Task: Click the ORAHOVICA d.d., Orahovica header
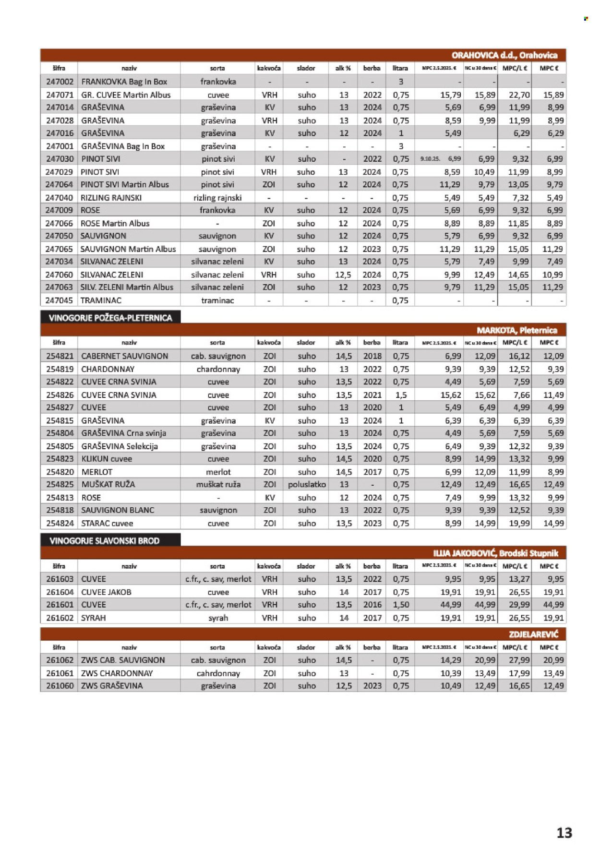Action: tap(504, 55)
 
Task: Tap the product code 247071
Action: tap(60, 95)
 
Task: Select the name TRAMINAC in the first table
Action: tap(101, 300)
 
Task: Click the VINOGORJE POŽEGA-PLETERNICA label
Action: tap(110, 318)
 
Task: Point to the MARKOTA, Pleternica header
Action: tap(516, 330)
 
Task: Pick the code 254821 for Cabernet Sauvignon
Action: tap(60, 356)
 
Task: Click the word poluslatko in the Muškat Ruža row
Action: tap(307, 485)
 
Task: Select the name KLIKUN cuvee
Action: tap(107, 459)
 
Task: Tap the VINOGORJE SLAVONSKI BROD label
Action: tap(105, 541)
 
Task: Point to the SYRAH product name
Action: tap(93, 618)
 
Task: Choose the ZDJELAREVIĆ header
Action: tap(533, 634)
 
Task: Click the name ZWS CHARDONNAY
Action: tap(117, 673)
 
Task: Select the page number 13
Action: tap(564, 832)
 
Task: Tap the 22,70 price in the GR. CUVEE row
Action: tap(519, 95)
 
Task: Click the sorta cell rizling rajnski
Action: tap(217, 198)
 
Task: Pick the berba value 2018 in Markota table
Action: tap(372, 356)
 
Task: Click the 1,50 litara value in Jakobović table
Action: tap(401, 605)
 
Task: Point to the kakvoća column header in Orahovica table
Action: tap(269, 68)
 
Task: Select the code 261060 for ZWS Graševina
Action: tap(60, 686)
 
